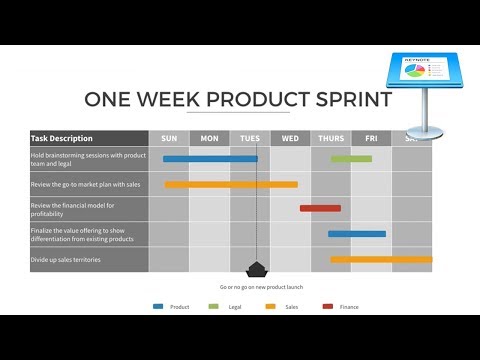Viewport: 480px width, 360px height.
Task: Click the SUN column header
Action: [169, 138]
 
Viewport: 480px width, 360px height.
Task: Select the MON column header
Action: [210, 138]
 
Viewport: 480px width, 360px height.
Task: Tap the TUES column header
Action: [250, 138]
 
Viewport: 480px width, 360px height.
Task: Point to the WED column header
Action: [290, 138]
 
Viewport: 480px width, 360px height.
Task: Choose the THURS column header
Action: [331, 138]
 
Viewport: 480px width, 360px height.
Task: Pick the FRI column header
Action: [371, 138]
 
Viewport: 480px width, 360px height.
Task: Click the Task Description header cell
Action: [88, 138]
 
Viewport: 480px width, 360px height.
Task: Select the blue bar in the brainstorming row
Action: [210, 158]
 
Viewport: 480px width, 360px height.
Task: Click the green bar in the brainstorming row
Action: [351, 158]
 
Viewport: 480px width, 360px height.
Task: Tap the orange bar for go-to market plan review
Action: [231, 184]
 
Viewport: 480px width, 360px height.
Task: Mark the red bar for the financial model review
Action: [320, 208]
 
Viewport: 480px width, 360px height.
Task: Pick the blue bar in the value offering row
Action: [356, 234]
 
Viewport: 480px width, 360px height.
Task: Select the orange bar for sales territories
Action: [381, 259]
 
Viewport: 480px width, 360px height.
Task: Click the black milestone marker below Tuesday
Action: [257, 269]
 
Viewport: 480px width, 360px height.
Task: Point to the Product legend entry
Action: [171, 307]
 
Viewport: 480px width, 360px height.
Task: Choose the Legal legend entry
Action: [227, 307]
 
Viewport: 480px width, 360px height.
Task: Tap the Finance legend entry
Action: [341, 307]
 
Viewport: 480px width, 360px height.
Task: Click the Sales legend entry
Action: [284, 307]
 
